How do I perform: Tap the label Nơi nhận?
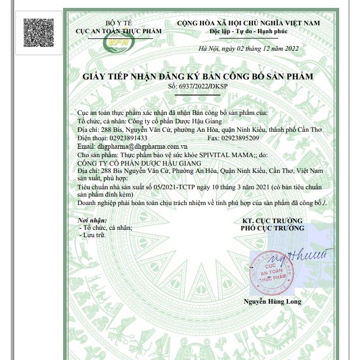(x=92, y=220)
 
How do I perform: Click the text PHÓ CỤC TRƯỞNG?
(x=272, y=228)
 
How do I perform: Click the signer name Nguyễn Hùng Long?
(x=272, y=301)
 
